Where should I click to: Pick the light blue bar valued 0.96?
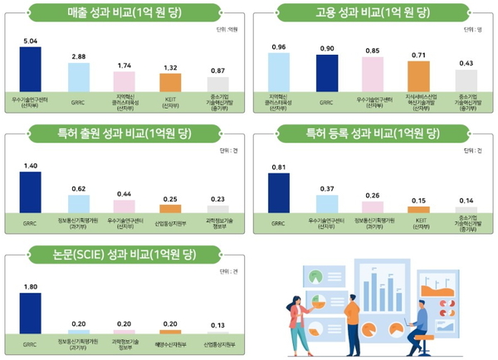279,71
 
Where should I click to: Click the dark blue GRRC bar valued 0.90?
326,73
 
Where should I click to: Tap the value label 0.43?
466,63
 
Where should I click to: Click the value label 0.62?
78,189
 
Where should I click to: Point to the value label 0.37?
326,189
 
